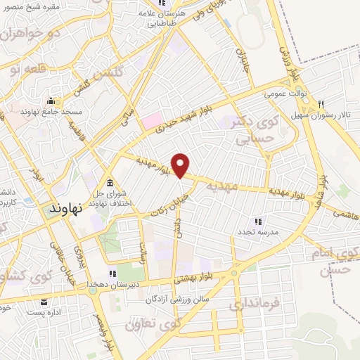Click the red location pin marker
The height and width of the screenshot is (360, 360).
(x=181, y=165)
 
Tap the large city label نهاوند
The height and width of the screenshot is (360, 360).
(x=67, y=208)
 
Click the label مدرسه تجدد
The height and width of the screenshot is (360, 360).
(x=259, y=231)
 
